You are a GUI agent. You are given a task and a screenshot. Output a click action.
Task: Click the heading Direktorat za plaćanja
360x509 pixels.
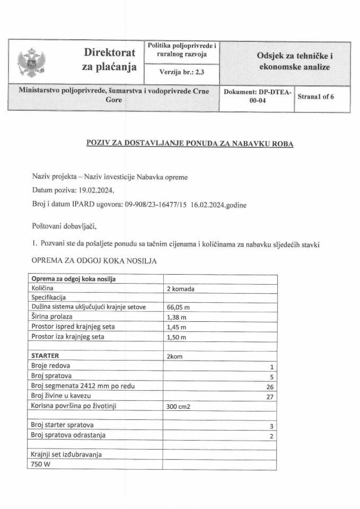109,60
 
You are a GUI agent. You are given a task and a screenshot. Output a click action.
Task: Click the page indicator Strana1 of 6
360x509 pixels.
316,96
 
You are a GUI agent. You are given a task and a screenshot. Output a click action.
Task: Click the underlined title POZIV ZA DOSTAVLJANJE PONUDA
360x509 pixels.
189,143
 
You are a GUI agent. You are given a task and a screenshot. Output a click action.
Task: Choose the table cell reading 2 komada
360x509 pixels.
180,288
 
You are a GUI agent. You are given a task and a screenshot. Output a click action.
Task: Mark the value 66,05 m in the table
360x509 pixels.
178,308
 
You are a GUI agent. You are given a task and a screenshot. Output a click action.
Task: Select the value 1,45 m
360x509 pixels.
177,327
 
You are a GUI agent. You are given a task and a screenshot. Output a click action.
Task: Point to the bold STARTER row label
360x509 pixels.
46,356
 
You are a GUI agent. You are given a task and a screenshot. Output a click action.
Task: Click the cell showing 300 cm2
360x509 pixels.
179,406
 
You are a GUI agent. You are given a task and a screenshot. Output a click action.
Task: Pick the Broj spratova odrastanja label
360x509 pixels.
68,435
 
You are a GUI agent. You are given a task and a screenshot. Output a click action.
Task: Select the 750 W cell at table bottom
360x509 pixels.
42,464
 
